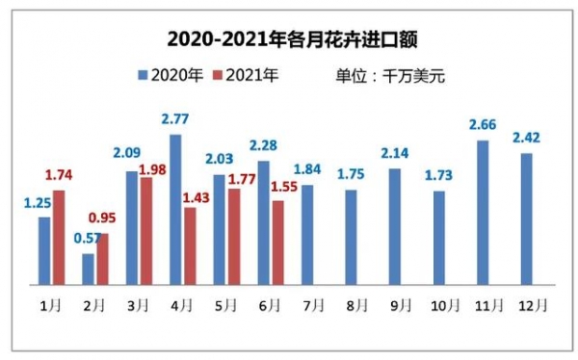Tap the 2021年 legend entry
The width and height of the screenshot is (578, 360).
tap(245, 74)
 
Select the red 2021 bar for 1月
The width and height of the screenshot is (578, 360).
tap(59, 237)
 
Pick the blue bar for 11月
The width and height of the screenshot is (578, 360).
tap(483, 213)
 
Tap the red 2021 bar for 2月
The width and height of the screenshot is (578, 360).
tap(102, 259)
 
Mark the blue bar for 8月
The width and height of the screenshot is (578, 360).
tap(352, 237)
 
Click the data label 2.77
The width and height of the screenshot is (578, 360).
tap(174, 118)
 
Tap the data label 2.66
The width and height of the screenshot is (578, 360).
tap(483, 124)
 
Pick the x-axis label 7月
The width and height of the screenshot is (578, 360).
tap(312, 305)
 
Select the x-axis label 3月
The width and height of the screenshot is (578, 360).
tap(138, 305)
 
